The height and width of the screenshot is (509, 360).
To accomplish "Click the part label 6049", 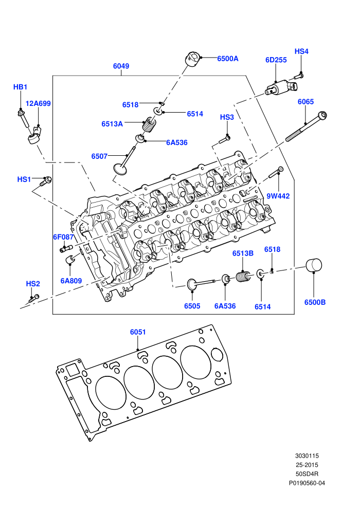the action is click(121, 66).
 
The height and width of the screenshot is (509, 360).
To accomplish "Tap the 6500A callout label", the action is click(227, 59).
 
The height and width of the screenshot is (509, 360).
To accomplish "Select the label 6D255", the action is click(276, 60).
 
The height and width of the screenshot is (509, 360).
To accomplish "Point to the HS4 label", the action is click(301, 51).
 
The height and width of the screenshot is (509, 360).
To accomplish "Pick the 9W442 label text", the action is click(278, 196).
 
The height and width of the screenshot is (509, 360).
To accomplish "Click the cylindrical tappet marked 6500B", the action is click(314, 265).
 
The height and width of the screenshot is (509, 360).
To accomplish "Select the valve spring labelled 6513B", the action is click(243, 277).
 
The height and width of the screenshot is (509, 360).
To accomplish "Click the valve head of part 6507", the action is click(119, 169).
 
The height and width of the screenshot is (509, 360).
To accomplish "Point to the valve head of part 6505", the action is click(191, 284).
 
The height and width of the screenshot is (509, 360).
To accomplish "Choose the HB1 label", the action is click(20, 87).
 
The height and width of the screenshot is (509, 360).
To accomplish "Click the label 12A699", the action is click(38, 103).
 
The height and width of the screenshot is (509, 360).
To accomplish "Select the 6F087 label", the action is click(64, 237).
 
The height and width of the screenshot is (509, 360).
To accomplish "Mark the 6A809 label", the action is click(71, 281).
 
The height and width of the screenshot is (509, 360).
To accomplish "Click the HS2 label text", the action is click(33, 284).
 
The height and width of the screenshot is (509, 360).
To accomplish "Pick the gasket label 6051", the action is click(138, 332).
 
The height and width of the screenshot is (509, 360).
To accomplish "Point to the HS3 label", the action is click(227, 117).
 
